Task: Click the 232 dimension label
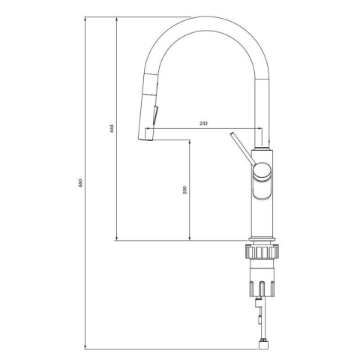(x=203, y=123)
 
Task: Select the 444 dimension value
(x=112, y=128)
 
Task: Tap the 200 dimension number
(x=185, y=190)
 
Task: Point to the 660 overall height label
(x=80, y=183)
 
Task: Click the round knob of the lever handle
(x=262, y=171)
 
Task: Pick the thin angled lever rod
(x=242, y=148)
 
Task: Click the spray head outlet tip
(x=145, y=139)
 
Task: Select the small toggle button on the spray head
(x=155, y=115)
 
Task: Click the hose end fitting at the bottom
(x=263, y=346)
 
